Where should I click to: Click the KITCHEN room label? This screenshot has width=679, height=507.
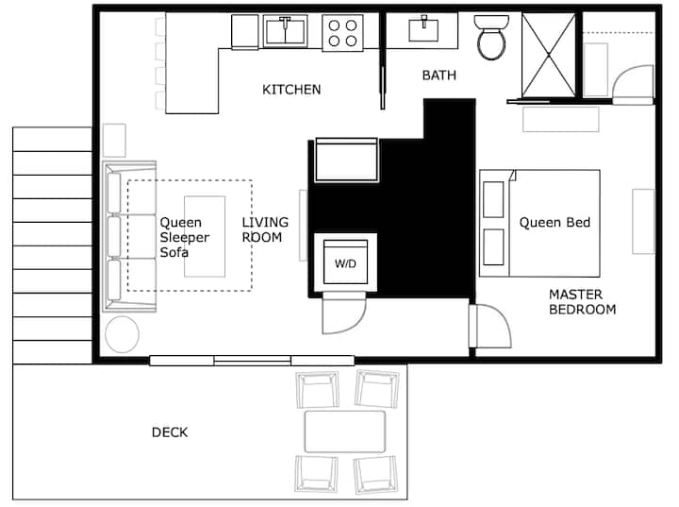click(291, 90)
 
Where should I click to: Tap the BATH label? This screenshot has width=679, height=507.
click(439, 76)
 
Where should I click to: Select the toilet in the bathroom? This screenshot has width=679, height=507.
click(491, 38)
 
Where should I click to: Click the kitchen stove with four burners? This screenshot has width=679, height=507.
click(342, 33)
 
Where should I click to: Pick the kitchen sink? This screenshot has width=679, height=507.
click(285, 31)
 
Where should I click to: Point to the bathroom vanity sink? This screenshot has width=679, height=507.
click(423, 29)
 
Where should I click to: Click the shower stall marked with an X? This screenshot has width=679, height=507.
click(549, 55)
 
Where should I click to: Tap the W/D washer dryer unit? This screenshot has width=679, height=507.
click(345, 262)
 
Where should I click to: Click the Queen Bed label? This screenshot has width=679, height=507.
click(555, 223)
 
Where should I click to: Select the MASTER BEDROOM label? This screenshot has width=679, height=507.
click(582, 302)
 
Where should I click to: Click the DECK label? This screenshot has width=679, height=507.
click(170, 432)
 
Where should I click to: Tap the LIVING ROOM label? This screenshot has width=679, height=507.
click(265, 229)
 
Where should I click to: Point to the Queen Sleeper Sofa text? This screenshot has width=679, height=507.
click(185, 237)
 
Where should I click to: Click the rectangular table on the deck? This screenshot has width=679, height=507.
click(345, 432)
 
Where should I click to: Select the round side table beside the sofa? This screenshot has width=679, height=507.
click(122, 334)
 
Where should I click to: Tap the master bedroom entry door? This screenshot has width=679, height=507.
click(490, 326)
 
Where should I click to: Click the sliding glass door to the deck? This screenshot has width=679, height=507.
click(252, 360)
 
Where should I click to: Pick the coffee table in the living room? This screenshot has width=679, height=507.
click(205, 236)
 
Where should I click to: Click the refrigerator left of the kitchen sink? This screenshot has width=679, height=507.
click(245, 32)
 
